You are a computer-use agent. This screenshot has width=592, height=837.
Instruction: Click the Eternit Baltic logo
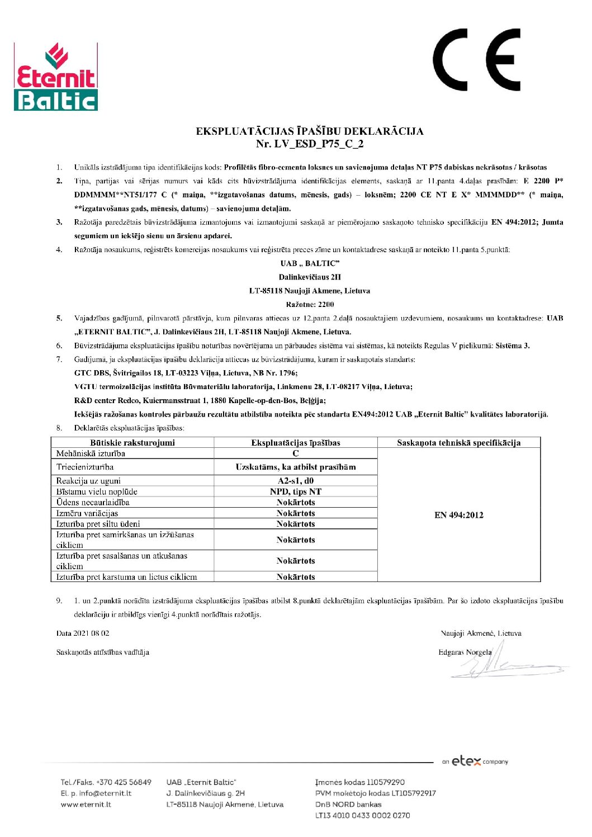pyautogui.click(x=55, y=77)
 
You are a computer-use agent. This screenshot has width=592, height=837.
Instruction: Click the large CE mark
pyautogui.click(x=476, y=60)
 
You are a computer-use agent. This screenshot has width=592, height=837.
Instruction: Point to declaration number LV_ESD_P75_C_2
pyautogui.click(x=310, y=144)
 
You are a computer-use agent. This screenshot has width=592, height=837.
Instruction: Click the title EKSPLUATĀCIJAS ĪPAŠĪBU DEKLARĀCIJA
pyautogui.click(x=309, y=131)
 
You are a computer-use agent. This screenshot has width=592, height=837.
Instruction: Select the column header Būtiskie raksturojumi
pyautogui.click(x=132, y=442)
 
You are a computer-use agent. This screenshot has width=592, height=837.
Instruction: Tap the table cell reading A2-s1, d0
pyautogui.click(x=296, y=481)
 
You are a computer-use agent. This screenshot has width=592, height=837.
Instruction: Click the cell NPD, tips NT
pyautogui.click(x=296, y=491)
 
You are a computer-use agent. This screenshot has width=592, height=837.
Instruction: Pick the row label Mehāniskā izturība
pyautogui.click(x=91, y=453)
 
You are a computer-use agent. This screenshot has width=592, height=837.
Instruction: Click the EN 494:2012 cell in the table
pyautogui.click(x=458, y=515)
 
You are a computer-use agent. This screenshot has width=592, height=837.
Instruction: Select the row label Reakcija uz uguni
pyautogui.click(x=88, y=481)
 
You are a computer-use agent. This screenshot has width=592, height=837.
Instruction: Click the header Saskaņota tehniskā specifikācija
pyautogui.click(x=458, y=442)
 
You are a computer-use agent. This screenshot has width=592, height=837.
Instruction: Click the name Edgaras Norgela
pyautogui.click(x=465, y=652)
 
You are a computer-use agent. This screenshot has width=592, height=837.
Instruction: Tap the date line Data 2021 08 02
pyautogui.click(x=83, y=633)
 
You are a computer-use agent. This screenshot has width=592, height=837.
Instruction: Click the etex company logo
pyautogui.click(x=475, y=761)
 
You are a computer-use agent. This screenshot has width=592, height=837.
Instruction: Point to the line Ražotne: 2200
pyautogui.click(x=310, y=305)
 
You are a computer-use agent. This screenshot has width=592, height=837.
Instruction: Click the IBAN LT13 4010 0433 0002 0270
pyautogui.click(x=362, y=815)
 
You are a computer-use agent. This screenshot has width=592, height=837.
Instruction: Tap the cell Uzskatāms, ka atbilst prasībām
pyautogui.click(x=296, y=467)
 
